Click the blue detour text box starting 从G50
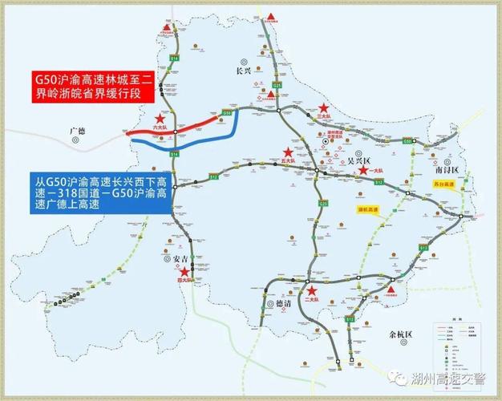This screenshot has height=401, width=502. (x=85, y=194)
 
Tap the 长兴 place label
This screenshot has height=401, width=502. (x=245, y=71)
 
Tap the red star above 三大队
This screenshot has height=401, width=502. (x=324, y=107)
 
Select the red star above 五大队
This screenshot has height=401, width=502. (x=287, y=152)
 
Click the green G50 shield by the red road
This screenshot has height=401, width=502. (x=227, y=113)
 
